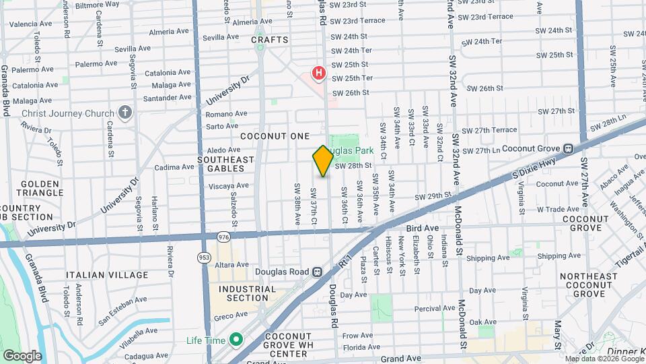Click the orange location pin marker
323,160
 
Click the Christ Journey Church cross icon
124,113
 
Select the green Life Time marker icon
236,340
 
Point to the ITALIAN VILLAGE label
107,275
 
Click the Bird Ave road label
422,229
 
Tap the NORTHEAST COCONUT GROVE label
589,285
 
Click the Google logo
22,355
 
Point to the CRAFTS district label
270,40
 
